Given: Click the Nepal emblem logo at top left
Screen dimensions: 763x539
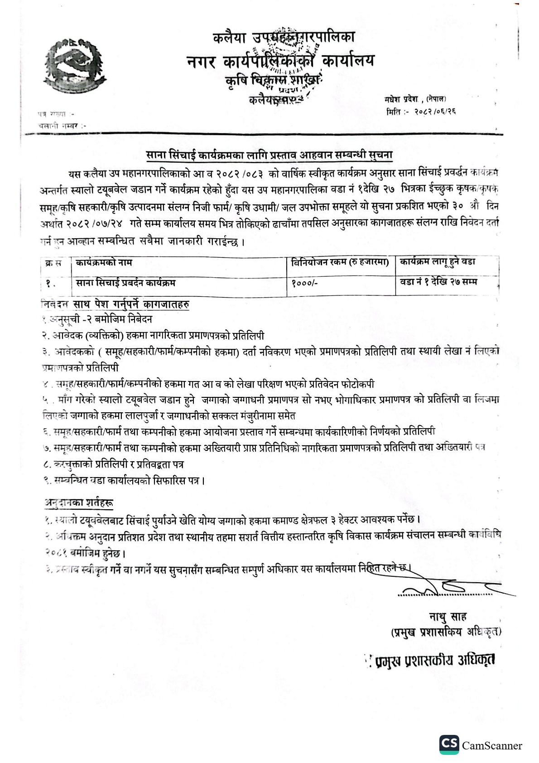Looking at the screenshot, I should (72, 63).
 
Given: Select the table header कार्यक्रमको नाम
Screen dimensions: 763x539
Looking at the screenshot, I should (105, 262).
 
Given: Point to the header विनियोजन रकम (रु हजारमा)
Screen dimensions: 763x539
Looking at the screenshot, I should (340, 262).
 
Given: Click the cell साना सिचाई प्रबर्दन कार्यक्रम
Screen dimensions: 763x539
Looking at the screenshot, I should (126, 283).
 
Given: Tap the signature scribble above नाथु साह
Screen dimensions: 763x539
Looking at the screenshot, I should (453, 588).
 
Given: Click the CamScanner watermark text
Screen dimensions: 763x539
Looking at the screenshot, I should (492, 745).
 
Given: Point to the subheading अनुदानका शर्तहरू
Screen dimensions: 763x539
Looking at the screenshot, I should (79, 502).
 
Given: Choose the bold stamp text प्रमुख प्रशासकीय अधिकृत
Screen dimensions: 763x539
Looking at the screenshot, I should (435, 660).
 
